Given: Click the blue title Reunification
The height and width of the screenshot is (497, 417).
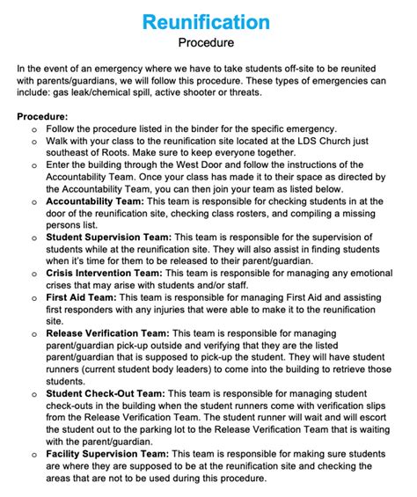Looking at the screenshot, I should (208, 20).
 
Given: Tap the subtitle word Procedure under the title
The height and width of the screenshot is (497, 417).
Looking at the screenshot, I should (208, 41).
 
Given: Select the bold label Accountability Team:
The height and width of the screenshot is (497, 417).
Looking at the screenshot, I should (97, 201).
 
